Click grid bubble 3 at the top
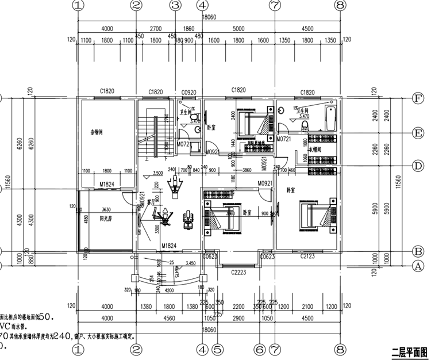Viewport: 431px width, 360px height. pyautogui.click(x=175, y=5)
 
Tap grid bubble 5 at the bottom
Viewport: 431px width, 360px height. pyautogui.click(x=217, y=348)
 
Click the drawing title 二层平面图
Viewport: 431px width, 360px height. pyautogui.click(x=409, y=350)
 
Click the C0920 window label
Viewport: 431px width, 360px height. pyautogui.click(x=189, y=91)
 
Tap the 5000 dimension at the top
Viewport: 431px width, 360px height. pyautogui.click(x=238, y=27)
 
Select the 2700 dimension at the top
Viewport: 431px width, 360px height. pyautogui.click(x=155, y=27)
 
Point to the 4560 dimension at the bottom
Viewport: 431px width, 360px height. pyautogui.click(x=168, y=317)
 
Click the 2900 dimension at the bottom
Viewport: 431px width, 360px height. pyautogui.click(x=238, y=317)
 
